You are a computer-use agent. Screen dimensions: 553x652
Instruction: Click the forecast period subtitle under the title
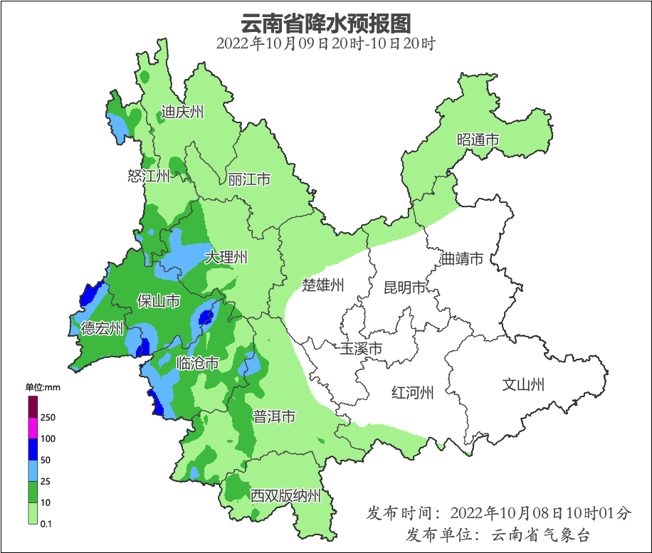pyautogui.click(x=325, y=43)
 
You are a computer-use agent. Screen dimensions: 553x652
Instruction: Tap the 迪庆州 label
pyautogui.click(x=182, y=112)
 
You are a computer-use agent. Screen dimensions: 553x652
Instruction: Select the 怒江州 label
pyautogui.click(x=149, y=176)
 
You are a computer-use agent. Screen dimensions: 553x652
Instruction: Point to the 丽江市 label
pyautogui.click(x=249, y=179)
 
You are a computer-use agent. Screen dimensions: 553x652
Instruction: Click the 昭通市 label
pyautogui.click(x=478, y=140)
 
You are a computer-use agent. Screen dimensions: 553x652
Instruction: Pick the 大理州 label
pyautogui.click(x=226, y=257)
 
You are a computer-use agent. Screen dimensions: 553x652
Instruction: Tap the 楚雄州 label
pyautogui.click(x=323, y=285)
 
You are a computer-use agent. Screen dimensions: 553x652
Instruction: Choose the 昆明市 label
pyautogui.click(x=404, y=288)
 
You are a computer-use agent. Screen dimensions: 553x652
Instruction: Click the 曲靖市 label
pyautogui.click(x=462, y=258)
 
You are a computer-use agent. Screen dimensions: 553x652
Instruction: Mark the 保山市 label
pyautogui.click(x=158, y=302)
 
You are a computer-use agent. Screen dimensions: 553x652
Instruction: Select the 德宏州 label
pyautogui.click(x=102, y=328)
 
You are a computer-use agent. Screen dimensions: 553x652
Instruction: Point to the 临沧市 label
pyautogui.click(x=197, y=364)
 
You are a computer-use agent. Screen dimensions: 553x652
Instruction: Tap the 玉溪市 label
pyautogui.click(x=361, y=349)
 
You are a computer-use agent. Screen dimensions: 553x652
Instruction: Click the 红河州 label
pyautogui.click(x=413, y=392)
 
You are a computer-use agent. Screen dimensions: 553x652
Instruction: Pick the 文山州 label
pyautogui.click(x=523, y=385)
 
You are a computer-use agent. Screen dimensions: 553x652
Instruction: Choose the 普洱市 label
pyautogui.click(x=274, y=416)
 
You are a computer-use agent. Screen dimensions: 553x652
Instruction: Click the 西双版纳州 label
pyautogui.click(x=285, y=496)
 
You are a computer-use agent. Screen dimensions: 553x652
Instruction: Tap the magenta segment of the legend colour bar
pyautogui.click(x=33, y=428)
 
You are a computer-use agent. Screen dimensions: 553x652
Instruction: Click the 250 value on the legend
pyautogui.click(x=48, y=418)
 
